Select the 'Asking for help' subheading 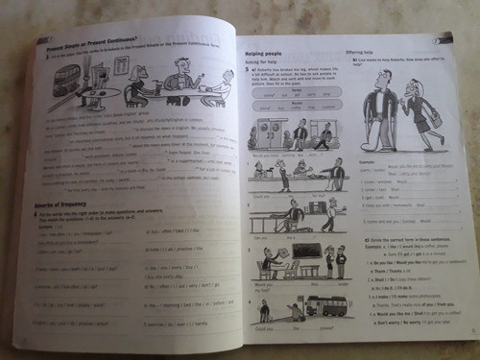(266, 64)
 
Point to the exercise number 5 (248, 71)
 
